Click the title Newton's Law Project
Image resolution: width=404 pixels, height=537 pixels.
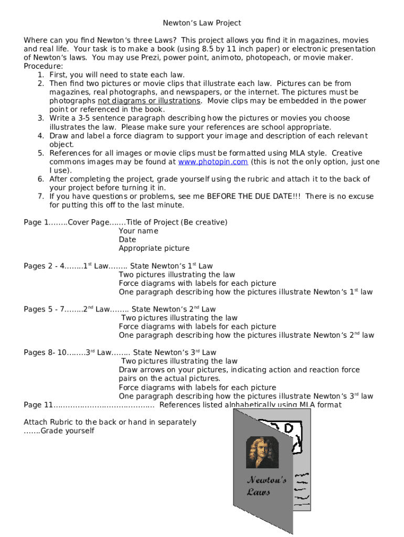(202, 23)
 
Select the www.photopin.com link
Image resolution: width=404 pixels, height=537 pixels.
(213, 162)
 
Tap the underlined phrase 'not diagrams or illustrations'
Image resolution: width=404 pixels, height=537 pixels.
(148, 101)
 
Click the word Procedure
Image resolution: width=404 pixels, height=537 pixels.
(43, 66)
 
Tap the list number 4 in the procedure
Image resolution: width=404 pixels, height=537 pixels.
(40, 136)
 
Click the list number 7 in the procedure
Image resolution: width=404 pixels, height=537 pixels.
(40, 196)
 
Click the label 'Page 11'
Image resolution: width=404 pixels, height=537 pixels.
(38, 405)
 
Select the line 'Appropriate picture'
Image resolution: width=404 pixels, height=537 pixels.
(154, 249)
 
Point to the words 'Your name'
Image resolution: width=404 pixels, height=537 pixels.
(139, 231)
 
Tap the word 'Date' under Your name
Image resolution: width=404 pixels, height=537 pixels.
(127, 240)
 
